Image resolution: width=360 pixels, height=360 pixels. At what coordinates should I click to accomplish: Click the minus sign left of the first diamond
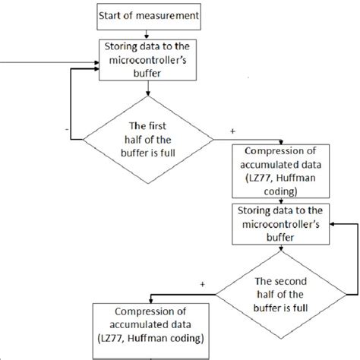coord(69,129)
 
